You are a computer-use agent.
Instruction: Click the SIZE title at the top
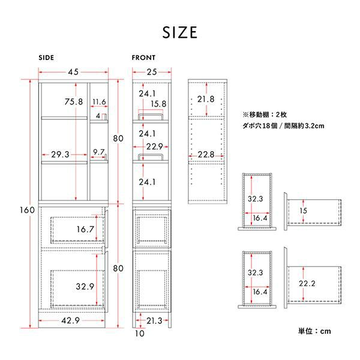click(x=180, y=32)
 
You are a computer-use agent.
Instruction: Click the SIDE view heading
click(x=46, y=58)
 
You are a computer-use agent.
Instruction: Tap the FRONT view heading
click(x=143, y=58)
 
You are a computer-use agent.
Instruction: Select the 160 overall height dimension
click(x=27, y=210)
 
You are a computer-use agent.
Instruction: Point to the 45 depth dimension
click(x=73, y=72)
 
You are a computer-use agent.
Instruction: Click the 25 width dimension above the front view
click(x=152, y=72)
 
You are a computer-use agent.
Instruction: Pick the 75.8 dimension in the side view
click(x=73, y=102)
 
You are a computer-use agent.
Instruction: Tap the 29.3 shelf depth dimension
click(x=60, y=155)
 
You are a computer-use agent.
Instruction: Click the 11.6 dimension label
click(x=99, y=102)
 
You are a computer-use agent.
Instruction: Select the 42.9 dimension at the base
click(x=70, y=320)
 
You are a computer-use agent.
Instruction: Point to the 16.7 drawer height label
click(x=85, y=229)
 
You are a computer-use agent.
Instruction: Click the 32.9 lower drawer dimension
click(x=85, y=287)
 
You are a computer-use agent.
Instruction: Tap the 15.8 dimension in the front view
click(x=158, y=104)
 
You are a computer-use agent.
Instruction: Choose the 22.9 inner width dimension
click(x=155, y=146)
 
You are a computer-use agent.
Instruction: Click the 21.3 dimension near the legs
click(x=154, y=320)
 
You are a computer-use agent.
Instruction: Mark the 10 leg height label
click(x=140, y=334)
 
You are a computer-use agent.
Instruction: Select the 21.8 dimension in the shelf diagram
click(x=206, y=99)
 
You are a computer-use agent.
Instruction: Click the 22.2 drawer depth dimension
click(x=307, y=284)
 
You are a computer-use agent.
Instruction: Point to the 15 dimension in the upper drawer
click(x=303, y=211)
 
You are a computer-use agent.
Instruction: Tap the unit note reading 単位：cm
click(x=314, y=331)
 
